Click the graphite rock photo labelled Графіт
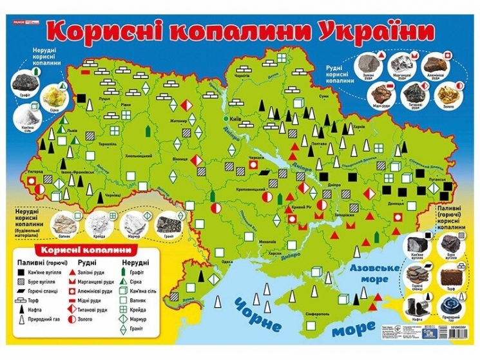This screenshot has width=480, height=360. [x=28, y=82]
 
